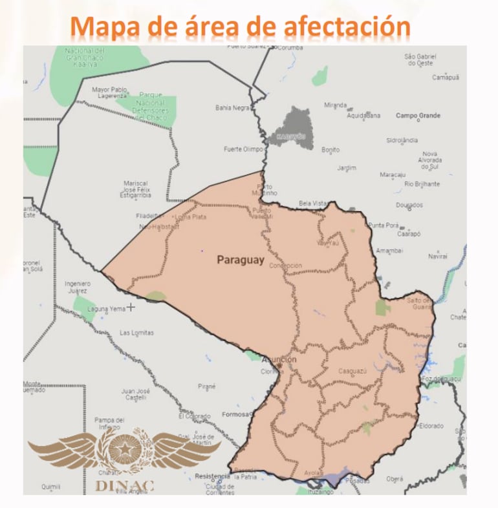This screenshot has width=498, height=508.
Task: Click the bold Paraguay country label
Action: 241,260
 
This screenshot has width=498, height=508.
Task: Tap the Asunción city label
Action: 279,359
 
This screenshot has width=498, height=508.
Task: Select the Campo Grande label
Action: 418,116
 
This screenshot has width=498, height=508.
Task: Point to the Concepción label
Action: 285,266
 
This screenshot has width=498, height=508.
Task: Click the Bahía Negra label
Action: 232,108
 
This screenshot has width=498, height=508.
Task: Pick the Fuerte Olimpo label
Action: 243,149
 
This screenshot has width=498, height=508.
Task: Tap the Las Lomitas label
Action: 137,333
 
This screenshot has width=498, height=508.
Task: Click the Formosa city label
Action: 235,414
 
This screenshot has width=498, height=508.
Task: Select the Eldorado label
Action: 431,426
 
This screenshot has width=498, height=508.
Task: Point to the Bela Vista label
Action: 312,203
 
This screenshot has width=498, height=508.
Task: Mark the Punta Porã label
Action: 383,225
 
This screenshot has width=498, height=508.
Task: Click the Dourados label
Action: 409,206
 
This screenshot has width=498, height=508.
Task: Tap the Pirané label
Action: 207,386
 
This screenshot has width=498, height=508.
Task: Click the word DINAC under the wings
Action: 124,485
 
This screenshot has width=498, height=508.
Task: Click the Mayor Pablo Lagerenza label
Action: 109,92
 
